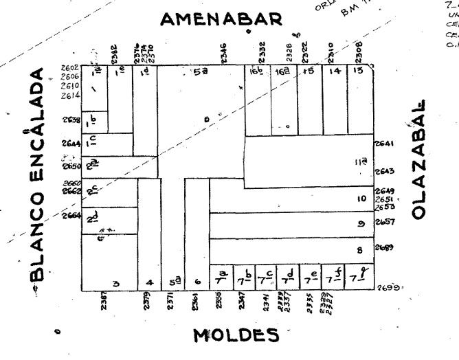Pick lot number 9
[x=360, y=223]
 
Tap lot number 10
[x=359, y=199]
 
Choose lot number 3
[x=116, y=283]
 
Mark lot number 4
[x=150, y=282]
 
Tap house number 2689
[x=383, y=248]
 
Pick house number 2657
[x=383, y=223]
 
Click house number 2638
[x=71, y=120]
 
